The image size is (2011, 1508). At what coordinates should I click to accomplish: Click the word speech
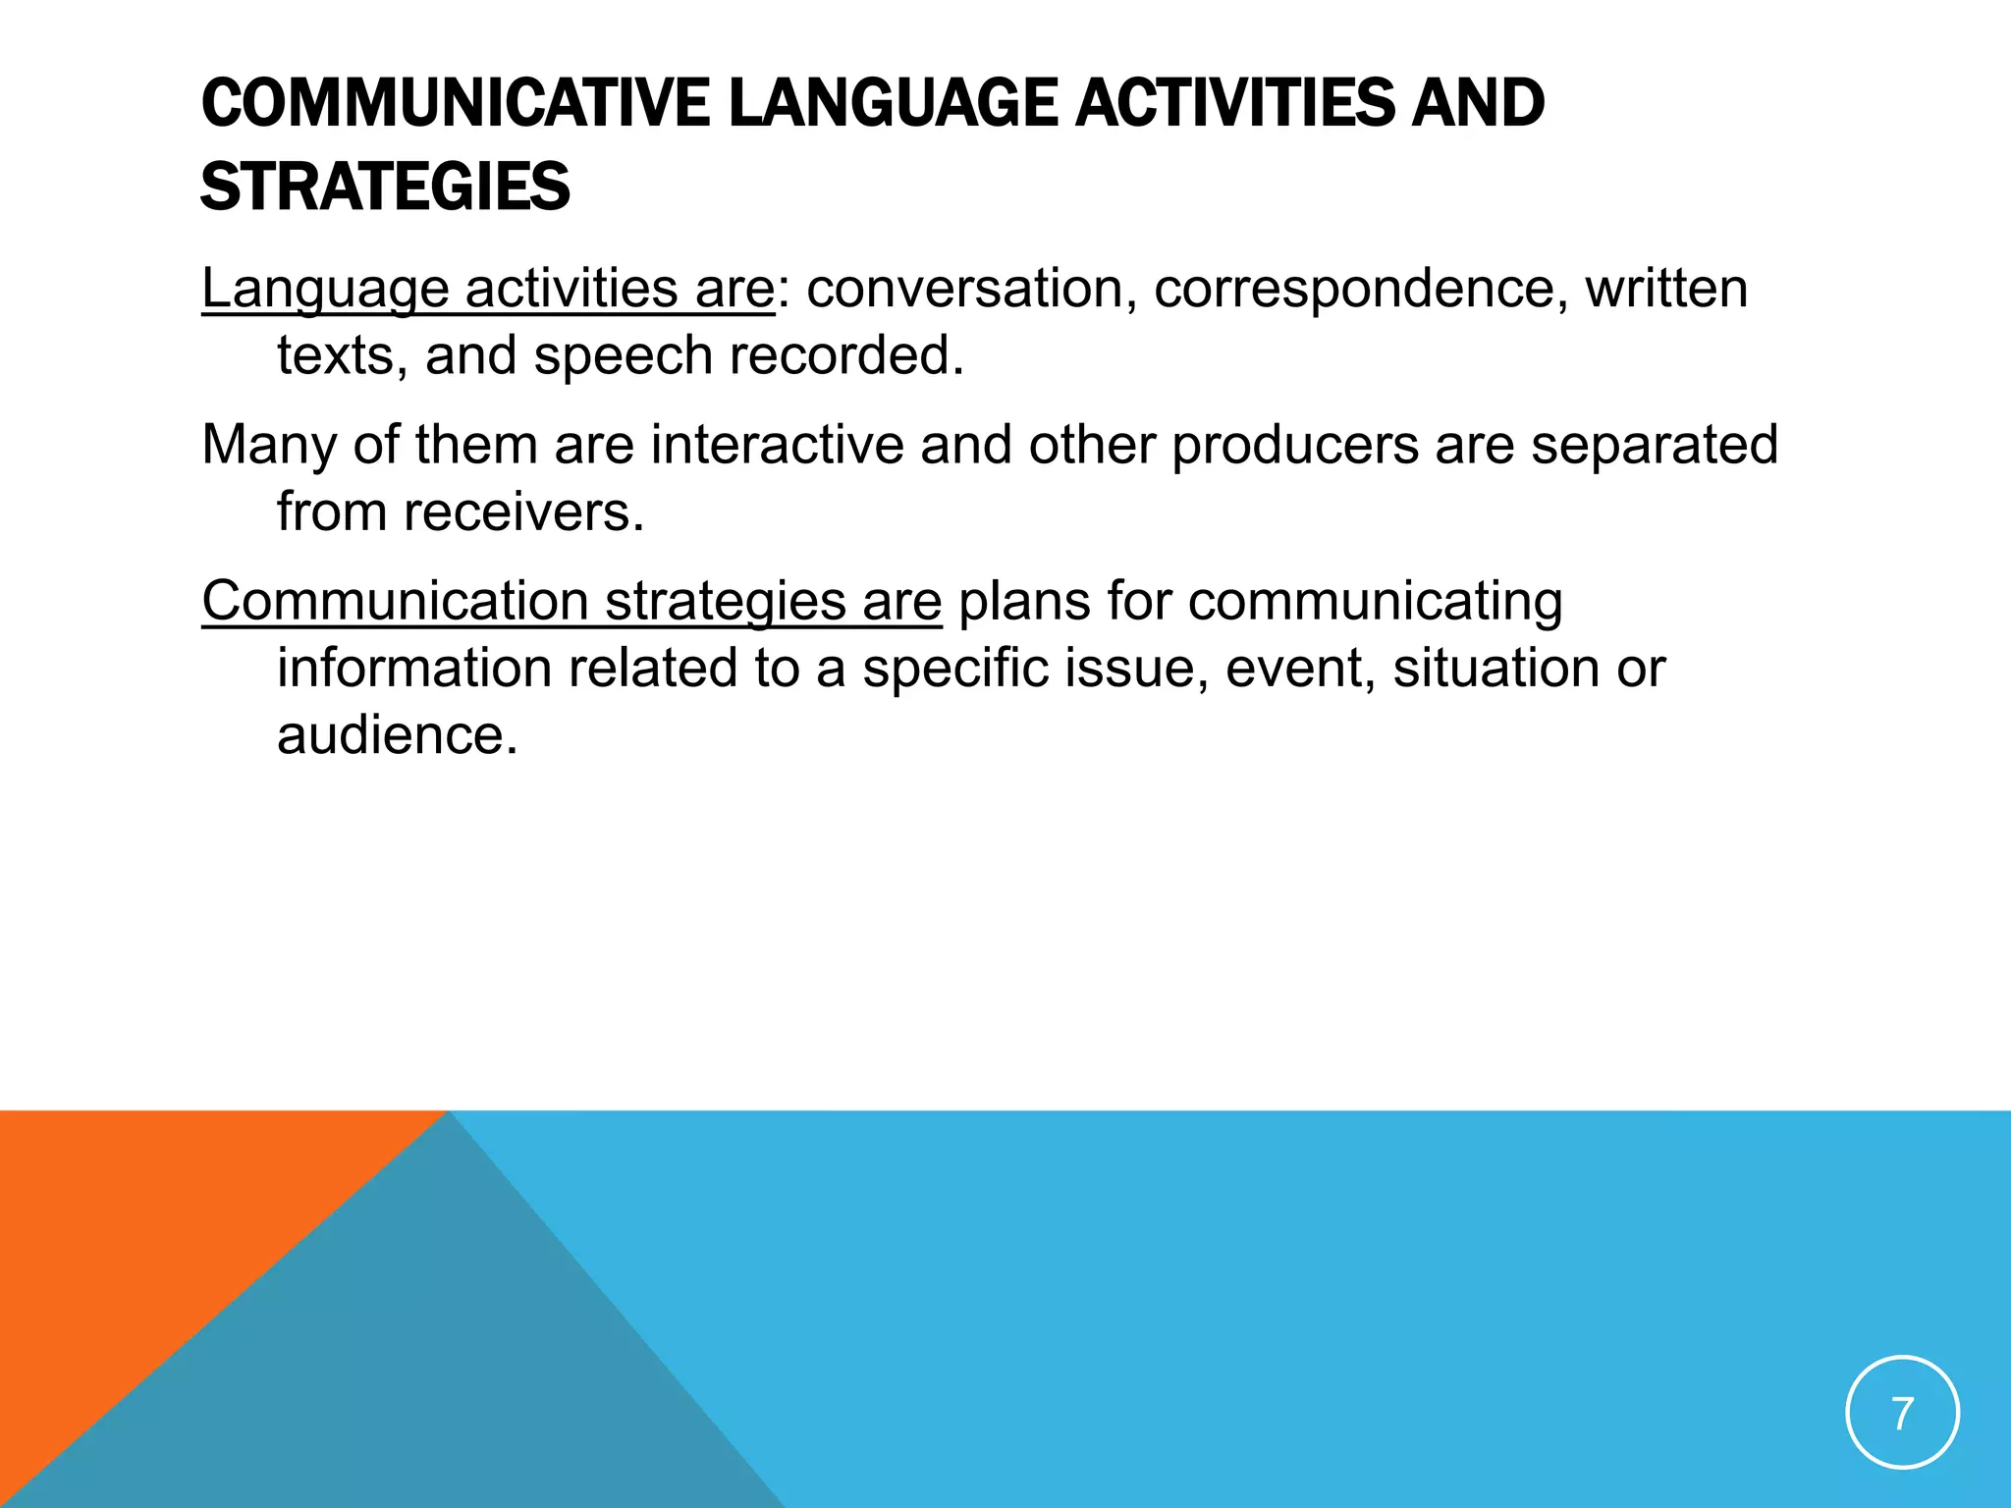tap(623, 355)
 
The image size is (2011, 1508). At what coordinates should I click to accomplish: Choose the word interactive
tap(777, 445)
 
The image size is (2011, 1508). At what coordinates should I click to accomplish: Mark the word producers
tap(1295, 445)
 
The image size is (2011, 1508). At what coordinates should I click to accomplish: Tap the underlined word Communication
tap(395, 601)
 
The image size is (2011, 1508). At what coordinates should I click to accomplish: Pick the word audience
tap(397, 735)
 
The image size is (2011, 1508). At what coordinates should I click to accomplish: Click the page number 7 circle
tap(1902, 1413)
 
